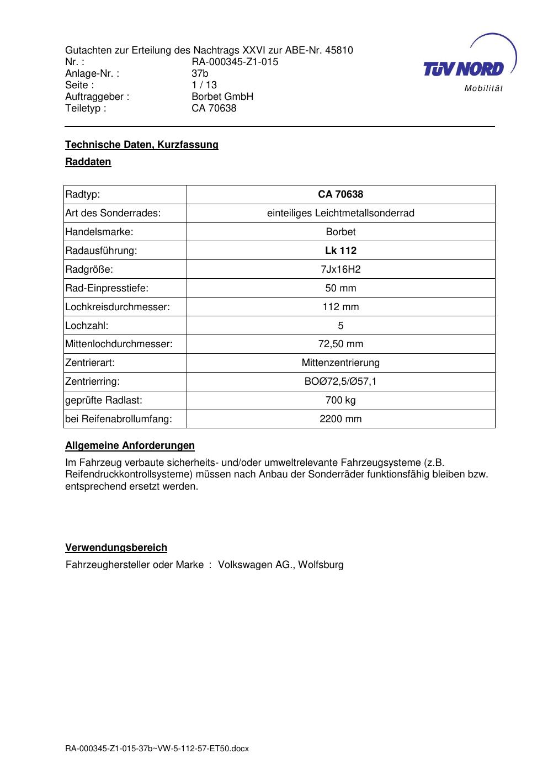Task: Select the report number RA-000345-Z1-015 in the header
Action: pos(235,62)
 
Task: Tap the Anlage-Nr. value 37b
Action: pos(200,73)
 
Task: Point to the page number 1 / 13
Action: pos(204,85)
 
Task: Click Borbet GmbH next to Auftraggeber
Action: pos(222,97)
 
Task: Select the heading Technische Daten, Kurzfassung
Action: pos(142,145)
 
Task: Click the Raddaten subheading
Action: pos(88,162)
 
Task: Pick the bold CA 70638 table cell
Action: pos(340,194)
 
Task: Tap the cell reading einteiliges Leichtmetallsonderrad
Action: pos(340,213)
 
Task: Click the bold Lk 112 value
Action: pos(340,251)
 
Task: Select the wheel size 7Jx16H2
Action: pos(340,269)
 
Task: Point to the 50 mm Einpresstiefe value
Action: pos(340,288)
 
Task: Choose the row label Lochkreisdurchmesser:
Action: pos(117,307)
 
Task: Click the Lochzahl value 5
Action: pos(340,326)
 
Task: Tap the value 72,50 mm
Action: pos(340,344)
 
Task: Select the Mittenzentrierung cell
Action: pos(340,363)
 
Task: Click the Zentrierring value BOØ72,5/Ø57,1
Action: pos(340,381)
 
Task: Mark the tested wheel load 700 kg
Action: pos(340,400)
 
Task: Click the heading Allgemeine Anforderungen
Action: pos(130,445)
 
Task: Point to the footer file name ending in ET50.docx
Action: pos(157,749)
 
